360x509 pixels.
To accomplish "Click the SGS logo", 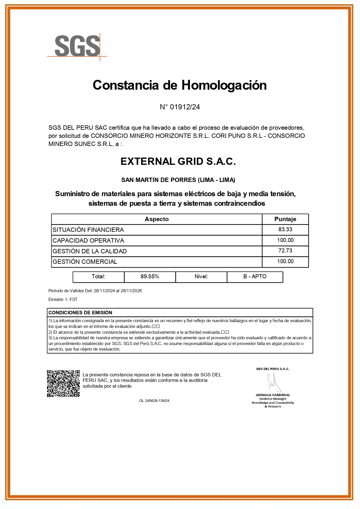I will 77,46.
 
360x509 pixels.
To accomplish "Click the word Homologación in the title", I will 224,85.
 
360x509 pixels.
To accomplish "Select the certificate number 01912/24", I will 185,107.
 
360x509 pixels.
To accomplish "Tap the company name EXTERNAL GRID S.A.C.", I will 178,161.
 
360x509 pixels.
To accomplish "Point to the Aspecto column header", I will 157,219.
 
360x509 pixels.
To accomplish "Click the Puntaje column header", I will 285,219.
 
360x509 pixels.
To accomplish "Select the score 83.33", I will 285,230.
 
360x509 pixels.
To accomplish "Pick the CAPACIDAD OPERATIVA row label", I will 88,241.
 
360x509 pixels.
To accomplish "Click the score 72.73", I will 285,251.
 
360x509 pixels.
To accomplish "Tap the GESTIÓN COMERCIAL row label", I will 85,262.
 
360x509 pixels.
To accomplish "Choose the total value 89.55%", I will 150,277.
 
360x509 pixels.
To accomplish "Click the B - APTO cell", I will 255,277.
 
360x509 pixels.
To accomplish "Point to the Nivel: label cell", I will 201,277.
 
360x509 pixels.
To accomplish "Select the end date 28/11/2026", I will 131,291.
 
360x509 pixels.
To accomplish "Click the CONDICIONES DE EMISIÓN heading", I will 80,313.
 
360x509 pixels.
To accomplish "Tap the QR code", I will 64,383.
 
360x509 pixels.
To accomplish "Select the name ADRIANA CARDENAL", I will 273,395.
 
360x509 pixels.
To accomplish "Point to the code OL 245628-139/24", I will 154,401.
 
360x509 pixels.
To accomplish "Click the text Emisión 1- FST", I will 63,299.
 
